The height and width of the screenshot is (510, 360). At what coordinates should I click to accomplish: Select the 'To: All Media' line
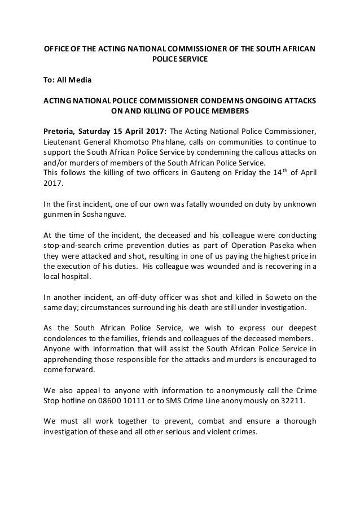click(63, 80)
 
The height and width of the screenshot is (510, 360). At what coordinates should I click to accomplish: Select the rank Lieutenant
click(64, 142)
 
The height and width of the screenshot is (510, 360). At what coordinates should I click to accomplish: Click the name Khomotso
click(134, 142)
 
